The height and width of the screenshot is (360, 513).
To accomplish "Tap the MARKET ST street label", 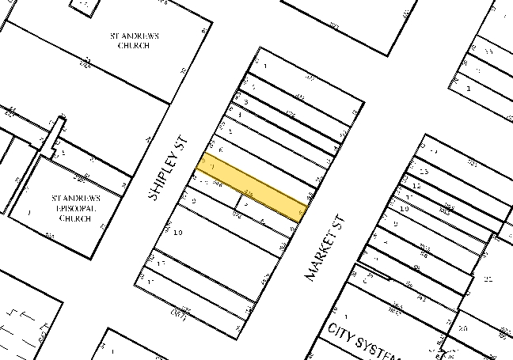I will (x=325, y=247).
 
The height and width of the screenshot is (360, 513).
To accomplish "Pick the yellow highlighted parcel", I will (x=252, y=188).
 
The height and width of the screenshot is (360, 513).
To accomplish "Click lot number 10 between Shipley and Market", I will (x=178, y=233).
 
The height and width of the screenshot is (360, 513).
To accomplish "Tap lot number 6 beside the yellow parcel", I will (x=221, y=150).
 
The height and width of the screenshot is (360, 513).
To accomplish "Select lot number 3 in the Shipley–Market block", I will (x=246, y=102).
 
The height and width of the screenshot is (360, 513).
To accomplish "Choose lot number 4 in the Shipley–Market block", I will (x=240, y=115).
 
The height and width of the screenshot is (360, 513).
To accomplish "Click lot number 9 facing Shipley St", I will (x=193, y=201).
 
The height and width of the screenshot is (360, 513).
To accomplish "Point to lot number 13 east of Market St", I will (x=424, y=172).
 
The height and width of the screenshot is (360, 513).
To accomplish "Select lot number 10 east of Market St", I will (x=404, y=208).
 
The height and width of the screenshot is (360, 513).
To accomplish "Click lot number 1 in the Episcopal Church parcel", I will (x=28, y=212).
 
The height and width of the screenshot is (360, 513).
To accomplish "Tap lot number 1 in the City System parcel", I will (x=335, y=309).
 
